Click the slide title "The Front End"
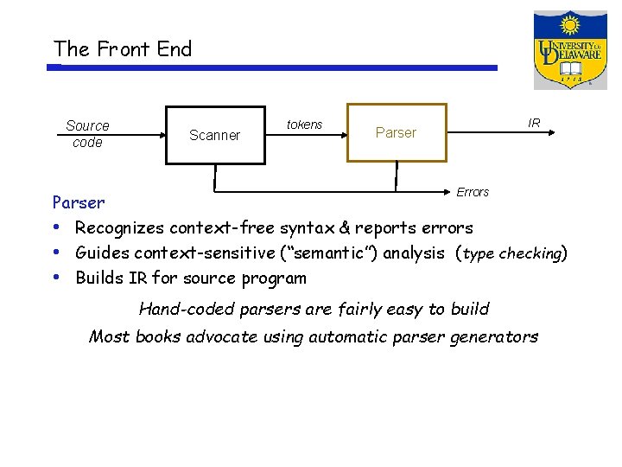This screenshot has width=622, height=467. pyautogui.click(x=122, y=49)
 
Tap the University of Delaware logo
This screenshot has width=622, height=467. pyautogui.click(x=570, y=50)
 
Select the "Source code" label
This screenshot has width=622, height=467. pyautogui.click(x=87, y=134)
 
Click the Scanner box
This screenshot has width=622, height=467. pyautogui.click(x=214, y=135)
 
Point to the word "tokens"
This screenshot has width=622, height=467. pyautogui.click(x=304, y=125)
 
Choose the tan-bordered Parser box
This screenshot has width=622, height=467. pyautogui.click(x=397, y=133)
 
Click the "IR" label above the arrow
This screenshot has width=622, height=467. pyautogui.click(x=534, y=123)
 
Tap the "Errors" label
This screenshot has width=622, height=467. pyautogui.click(x=473, y=192)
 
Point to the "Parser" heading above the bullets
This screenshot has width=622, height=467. pyautogui.click(x=79, y=203)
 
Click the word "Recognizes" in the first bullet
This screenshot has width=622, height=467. pyautogui.click(x=120, y=228)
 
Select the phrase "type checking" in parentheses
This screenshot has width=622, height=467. pyautogui.click(x=513, y=254)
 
